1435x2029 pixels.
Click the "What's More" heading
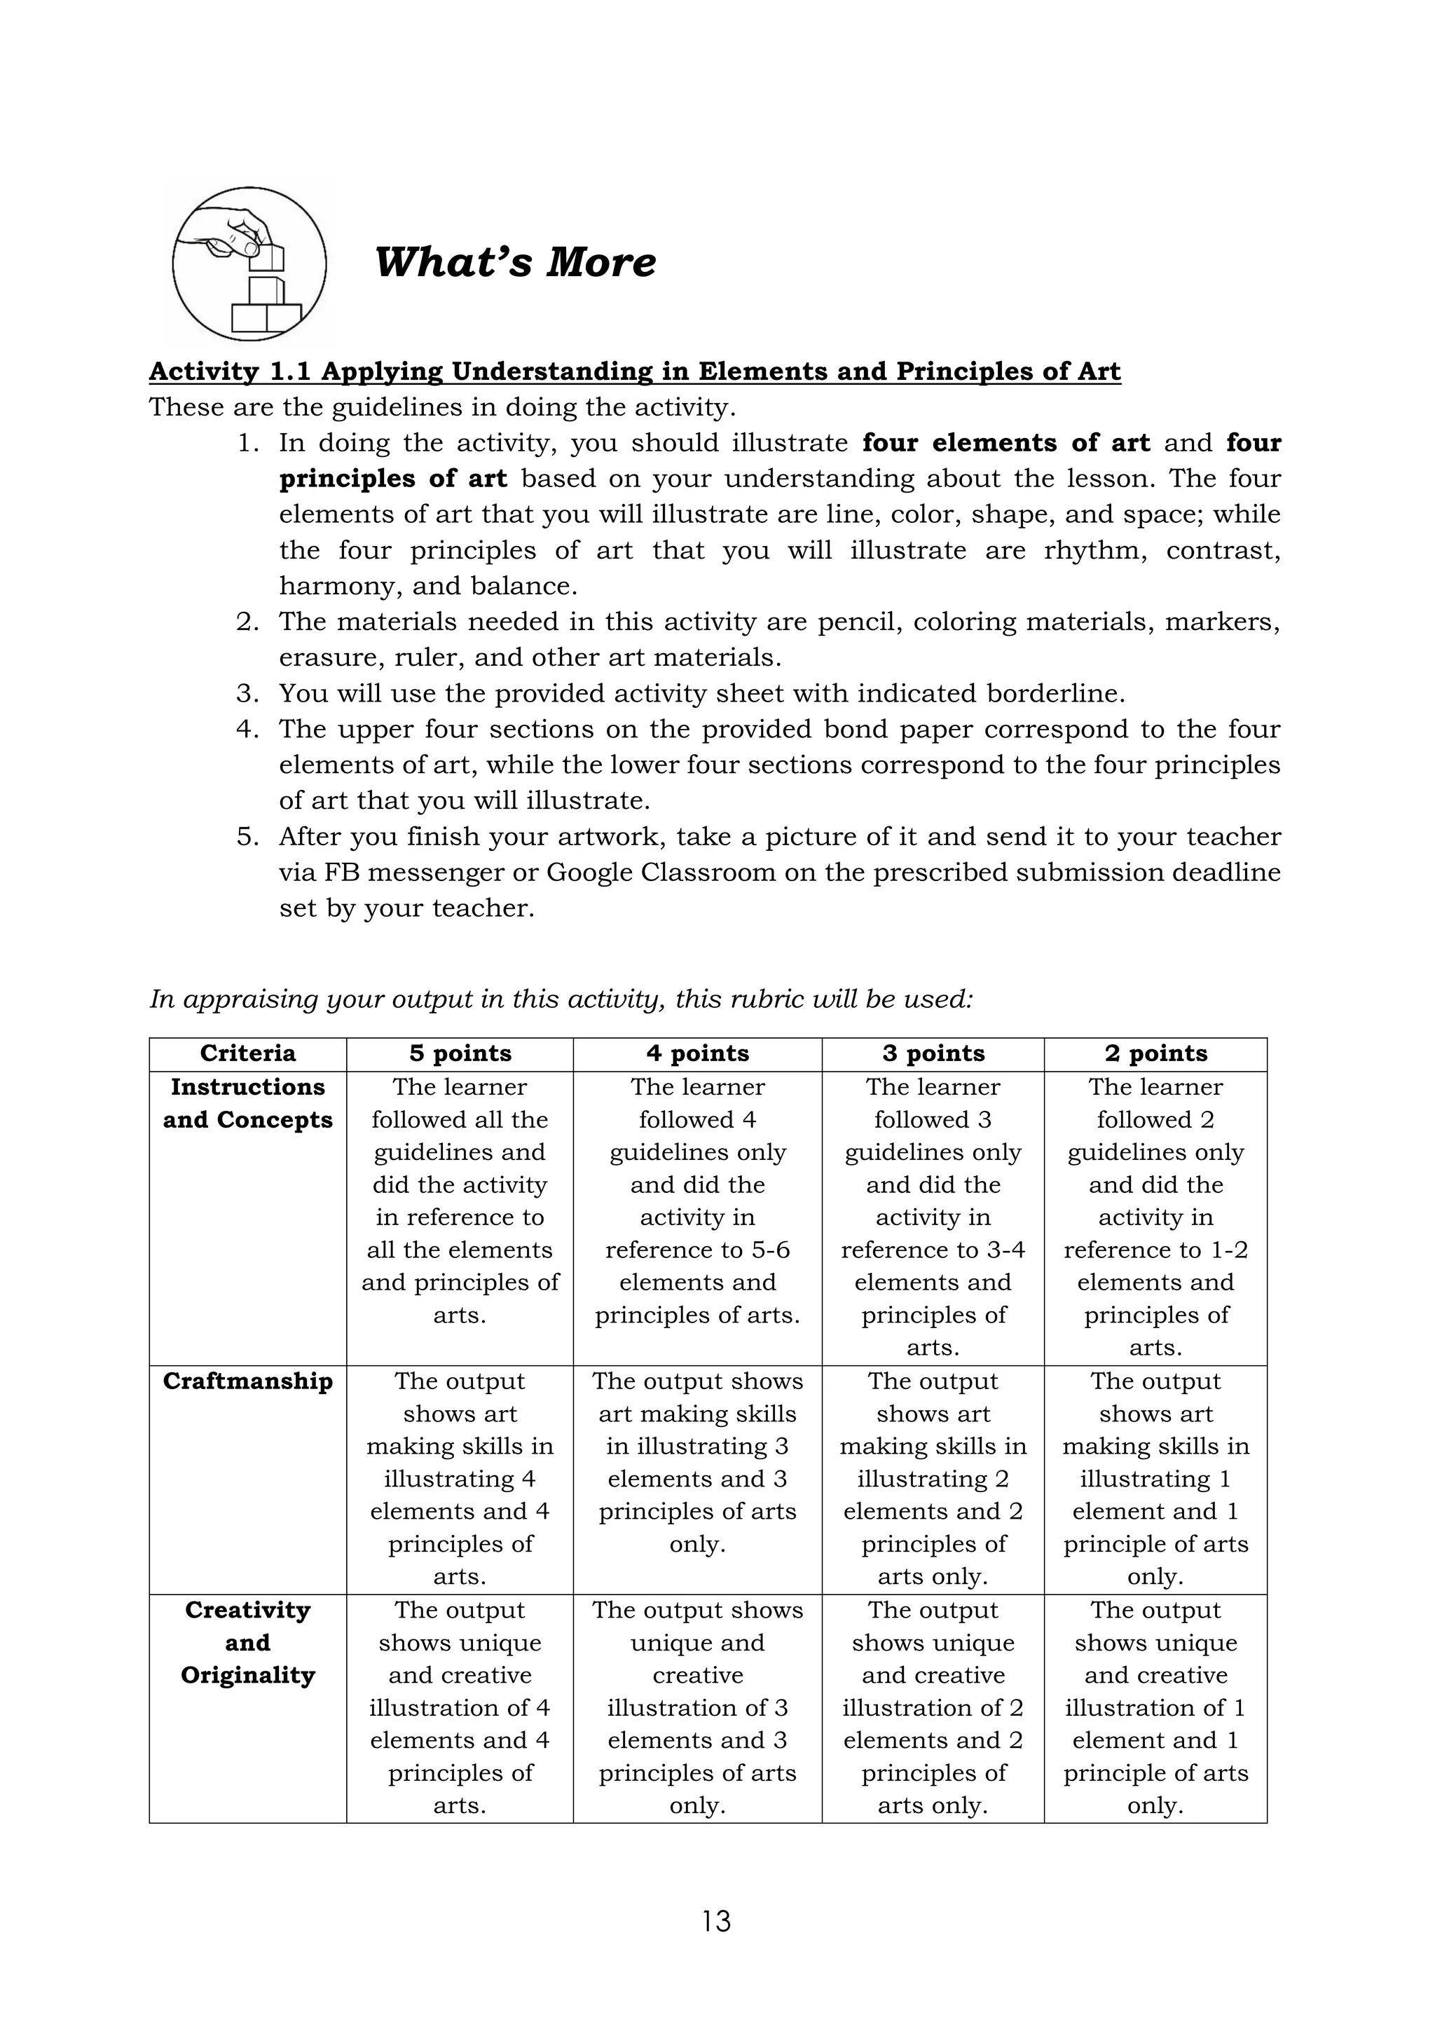[515, 262]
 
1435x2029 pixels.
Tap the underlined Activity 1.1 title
[634, 371]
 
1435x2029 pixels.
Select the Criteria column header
[247, 1053]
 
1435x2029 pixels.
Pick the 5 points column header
[460, 1053]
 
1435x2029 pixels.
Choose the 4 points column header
[697, 1053]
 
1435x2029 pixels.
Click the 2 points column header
[1155, 1053]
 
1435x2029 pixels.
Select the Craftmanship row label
[247, 1381]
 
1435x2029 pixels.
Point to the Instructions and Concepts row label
[247, 1103]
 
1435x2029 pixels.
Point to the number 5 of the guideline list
[247, 837]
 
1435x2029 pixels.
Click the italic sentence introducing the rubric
[561, 999]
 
